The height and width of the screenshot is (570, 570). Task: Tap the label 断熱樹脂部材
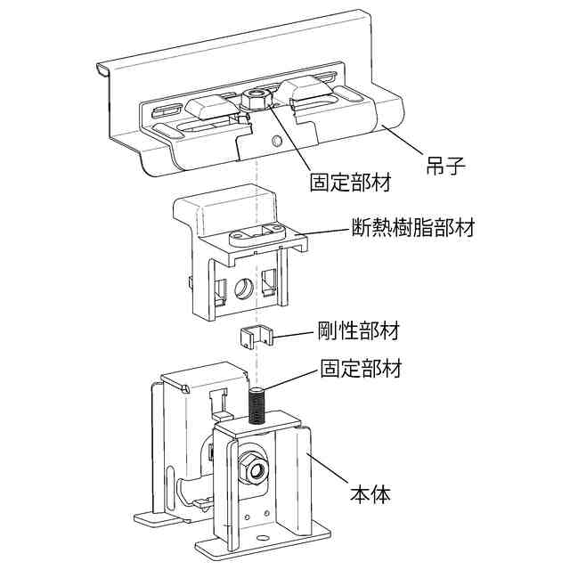point(410,230)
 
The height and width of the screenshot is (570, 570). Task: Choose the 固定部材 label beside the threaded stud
point(361,368)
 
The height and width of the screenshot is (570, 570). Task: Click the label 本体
point(369,492)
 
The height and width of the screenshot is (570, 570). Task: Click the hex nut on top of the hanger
point(256,98)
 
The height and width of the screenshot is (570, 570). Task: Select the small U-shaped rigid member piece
point(255,338)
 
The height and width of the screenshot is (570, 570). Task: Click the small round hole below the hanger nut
point(278,141)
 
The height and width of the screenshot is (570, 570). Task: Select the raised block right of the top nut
point(304,89)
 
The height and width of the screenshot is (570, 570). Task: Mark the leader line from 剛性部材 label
point(294,337)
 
